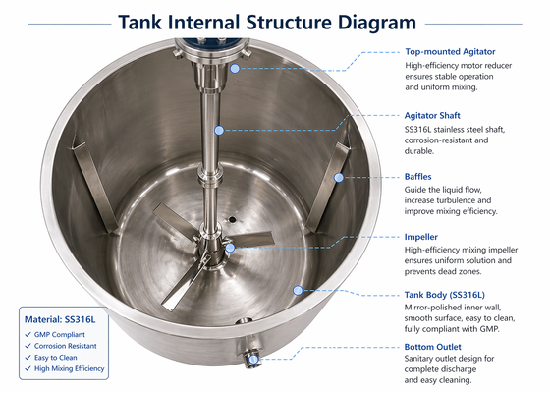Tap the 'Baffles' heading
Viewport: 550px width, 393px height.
[x=418, y=176]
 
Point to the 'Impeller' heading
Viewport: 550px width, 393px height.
[x=421, y=237]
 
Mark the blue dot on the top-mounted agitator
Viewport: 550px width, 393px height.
[x=235, y=69]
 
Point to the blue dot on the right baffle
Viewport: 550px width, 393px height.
[x=338, y=177]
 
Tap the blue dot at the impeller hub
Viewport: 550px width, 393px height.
[x=230, y=249]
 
